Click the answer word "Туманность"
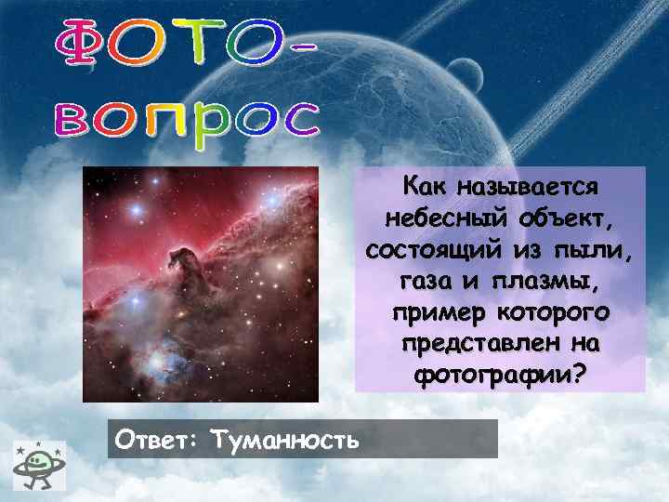pyautogui.click(x=284, y=439)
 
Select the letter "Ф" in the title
pyautogui.click(x=81, y=44)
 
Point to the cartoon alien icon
pyautogui.click(x=37, y=461)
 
